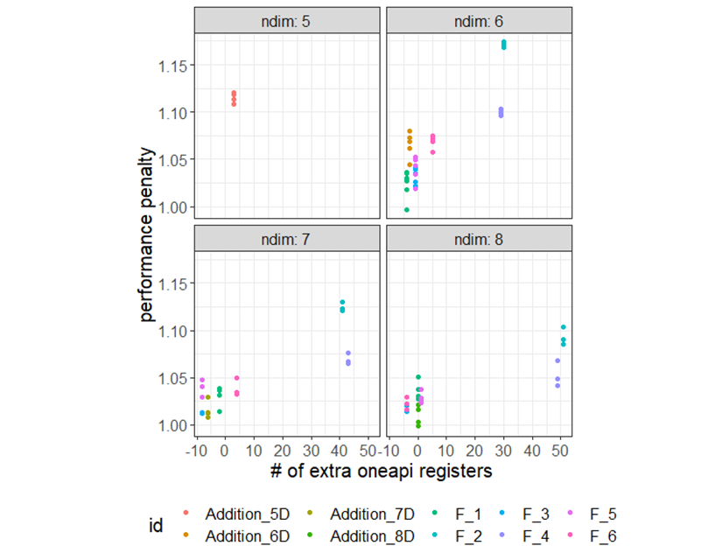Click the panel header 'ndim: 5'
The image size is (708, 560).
[x=287, y=20]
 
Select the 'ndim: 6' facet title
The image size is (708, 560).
[x=479, y=20]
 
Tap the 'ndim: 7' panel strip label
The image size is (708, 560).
[x=287, y=238]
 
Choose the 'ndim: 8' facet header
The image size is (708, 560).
[x=479, y=238]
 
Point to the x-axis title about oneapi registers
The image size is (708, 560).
[x=380, y=472]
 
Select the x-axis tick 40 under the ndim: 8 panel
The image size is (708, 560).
[x=531, y=450]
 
